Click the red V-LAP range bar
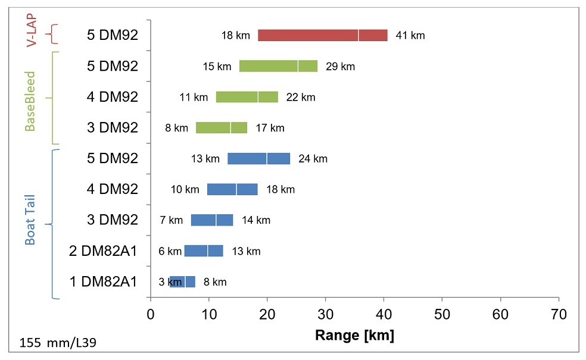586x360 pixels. click(322, 35)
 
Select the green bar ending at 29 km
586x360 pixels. click(278, 66)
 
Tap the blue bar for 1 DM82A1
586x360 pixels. click(182, 281)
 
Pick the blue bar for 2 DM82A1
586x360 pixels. click(204, 251)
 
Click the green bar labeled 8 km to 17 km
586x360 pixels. click(222, 127)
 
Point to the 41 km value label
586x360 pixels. click(410, 36)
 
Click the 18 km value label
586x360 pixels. click(235, 36)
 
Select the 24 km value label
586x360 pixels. click(313, 159)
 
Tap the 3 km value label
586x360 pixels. click(165, 282)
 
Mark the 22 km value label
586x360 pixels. click(301, 97)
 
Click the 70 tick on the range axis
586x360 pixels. click(558, 313)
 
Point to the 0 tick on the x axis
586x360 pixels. click(151, 313)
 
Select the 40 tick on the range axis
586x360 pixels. click(384, 313)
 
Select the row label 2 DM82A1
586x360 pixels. click(104, 251)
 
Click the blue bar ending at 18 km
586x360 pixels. click(232, 189)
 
